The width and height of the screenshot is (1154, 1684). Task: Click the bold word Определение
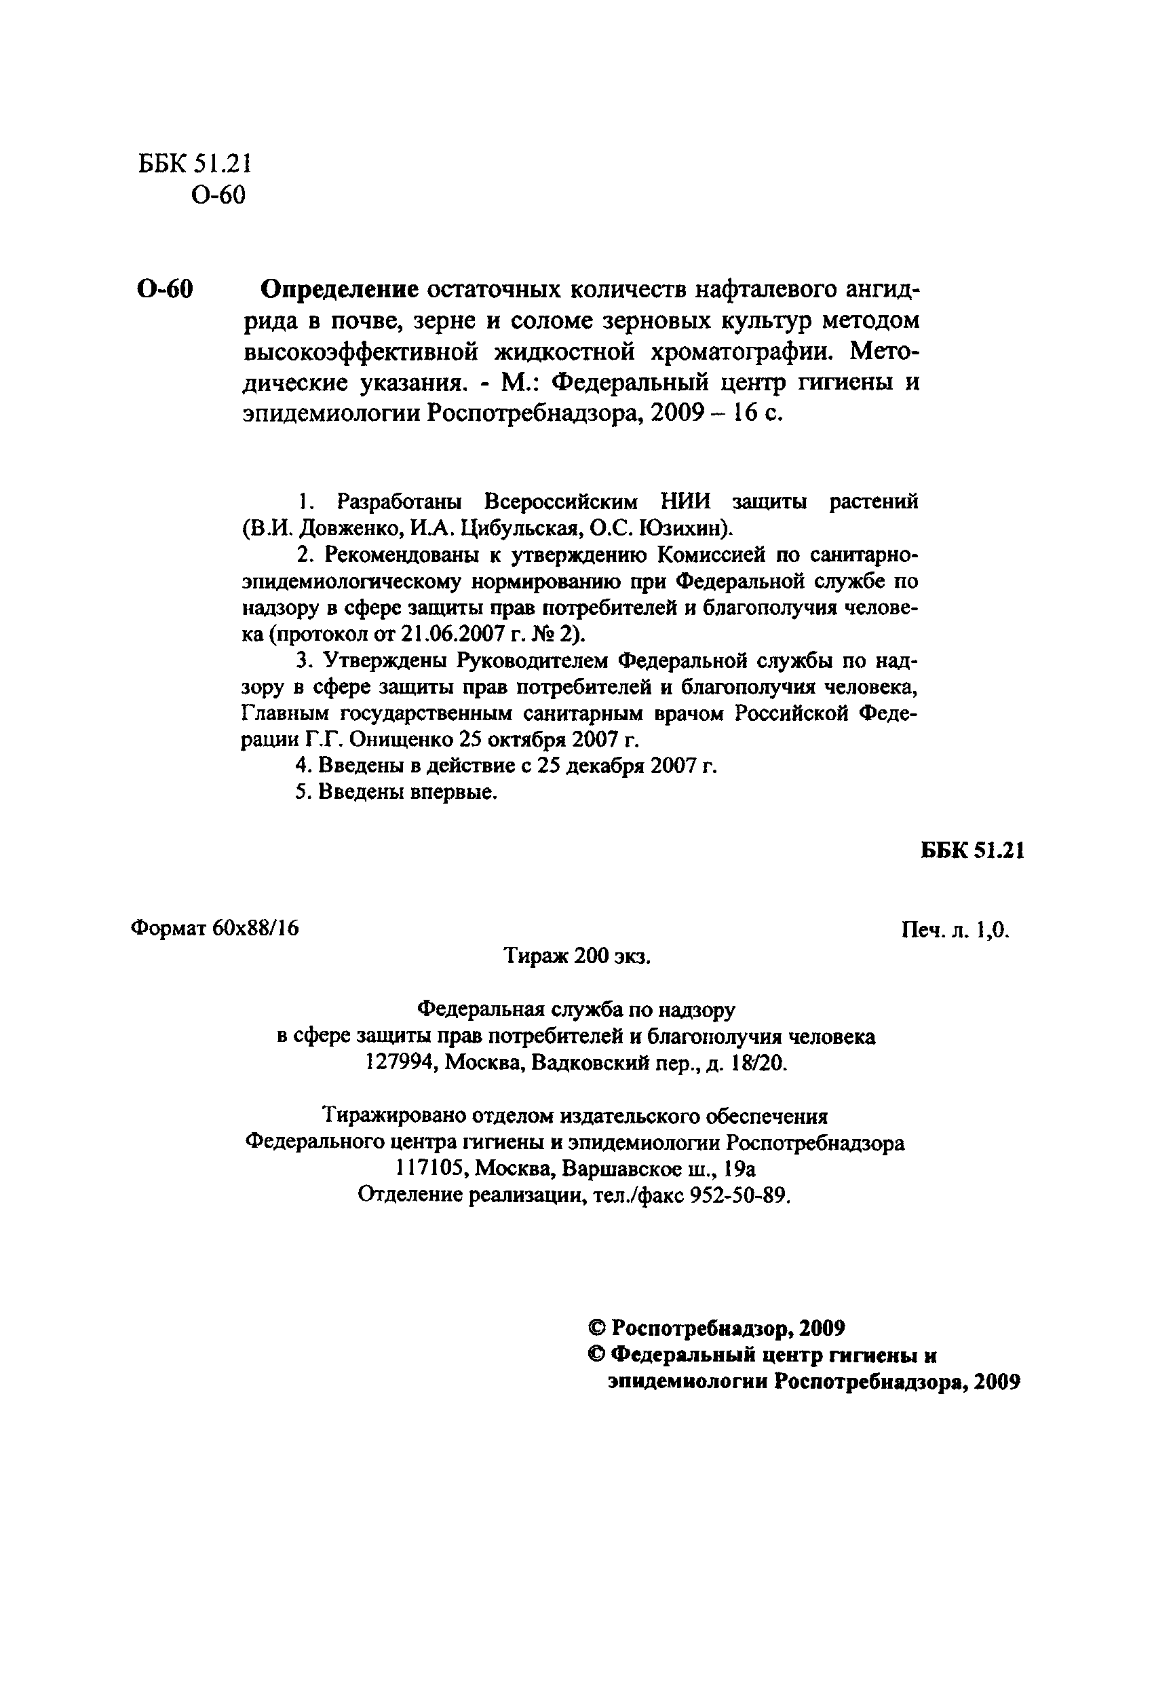pyautogui.click(x=339, y=290)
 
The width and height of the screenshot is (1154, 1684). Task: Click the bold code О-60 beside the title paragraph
pyautogui.click(x=165, y=290)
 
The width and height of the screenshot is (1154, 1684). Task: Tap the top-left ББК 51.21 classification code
pyautogui.click(x=194, y=164)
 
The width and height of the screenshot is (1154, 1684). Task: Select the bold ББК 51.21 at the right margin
pyautogui.click(x=972, y=850)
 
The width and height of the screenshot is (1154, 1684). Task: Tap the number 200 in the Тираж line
pyautogui.click(x=591, y=956)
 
